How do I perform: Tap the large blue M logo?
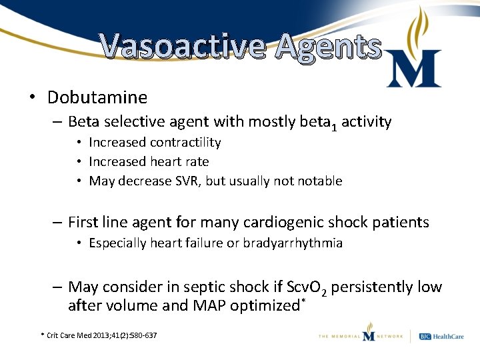(x=413, y=67)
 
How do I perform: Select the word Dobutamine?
(x=97, y=97)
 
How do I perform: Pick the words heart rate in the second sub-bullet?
(x=179, y=161)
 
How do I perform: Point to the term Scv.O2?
(x=307, y=288)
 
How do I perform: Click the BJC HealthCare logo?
(x=440, y=336)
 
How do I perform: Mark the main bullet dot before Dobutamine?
(x=32, y=98)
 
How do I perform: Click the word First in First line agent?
(x=83, y=222)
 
